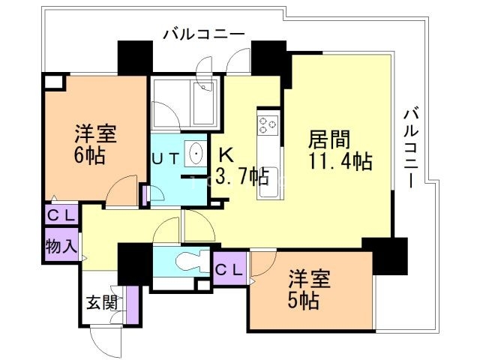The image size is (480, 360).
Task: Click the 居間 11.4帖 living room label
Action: pos(339,149)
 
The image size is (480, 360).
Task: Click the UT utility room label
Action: pos(165,159)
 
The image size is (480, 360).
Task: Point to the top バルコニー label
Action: pos(203,34)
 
